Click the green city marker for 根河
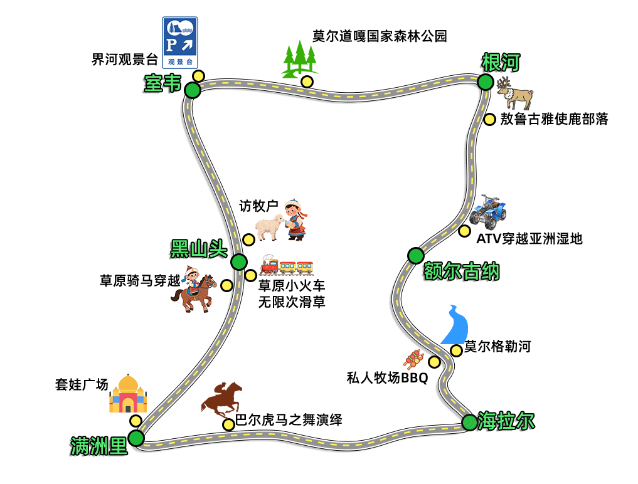click(x=485, y=82)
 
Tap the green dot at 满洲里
click(x=136, y=438)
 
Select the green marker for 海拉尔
click(x=469, y=423)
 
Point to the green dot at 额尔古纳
click(x=415, y=255)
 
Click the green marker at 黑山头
click(x=238, y=261)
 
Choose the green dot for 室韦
click(x=193, y=91)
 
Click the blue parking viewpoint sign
click(x=180, y=42)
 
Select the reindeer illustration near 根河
click(x=515, y=93)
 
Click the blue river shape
click(x=456, y=325)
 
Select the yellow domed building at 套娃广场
click(x=128, y=394)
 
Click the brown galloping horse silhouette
click(x=222, y=399)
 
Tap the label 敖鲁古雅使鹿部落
click(x=554, y=119)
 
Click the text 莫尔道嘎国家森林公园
click(x=380, y=36)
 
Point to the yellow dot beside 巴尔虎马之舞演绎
click(x=228, y=424)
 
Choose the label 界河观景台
click(x=124, y=60)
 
